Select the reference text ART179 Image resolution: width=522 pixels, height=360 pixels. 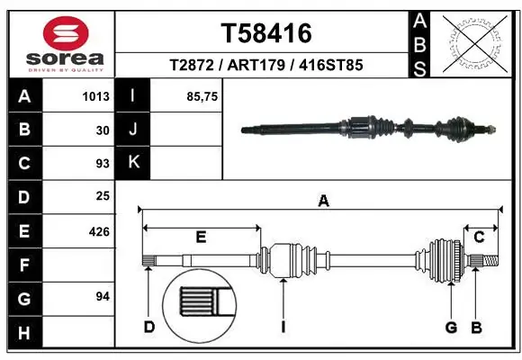point(265,66)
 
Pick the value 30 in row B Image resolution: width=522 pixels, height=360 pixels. point(103,130)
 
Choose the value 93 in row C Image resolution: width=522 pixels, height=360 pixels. point(103,164)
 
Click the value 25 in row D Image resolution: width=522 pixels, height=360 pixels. point(103,196)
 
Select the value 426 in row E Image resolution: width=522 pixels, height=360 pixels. point(99,231)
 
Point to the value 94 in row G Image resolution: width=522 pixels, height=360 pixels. point(103,296)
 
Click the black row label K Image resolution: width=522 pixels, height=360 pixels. point(133,163)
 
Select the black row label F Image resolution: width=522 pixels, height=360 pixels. point(23,265)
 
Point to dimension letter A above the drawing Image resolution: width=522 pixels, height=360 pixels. point(323,202)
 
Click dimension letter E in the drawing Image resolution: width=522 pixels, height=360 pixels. point(201,237)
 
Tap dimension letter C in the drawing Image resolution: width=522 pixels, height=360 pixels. point(479,237)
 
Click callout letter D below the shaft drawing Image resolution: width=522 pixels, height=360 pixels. point(149,327)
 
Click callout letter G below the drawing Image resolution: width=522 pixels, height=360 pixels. point(452,327)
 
